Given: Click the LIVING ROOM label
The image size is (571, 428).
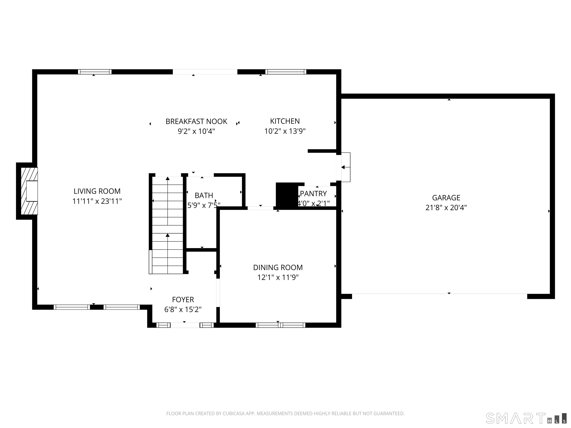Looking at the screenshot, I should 97,191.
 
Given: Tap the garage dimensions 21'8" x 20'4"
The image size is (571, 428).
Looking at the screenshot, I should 446,207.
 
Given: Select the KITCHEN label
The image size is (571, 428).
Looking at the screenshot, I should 285,121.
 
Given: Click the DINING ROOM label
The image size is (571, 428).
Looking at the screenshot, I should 278,267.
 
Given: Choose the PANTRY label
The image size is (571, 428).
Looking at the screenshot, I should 313,194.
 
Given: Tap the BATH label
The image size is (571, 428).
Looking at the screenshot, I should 204,196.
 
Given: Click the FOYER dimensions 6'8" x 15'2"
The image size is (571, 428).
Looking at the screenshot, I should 183,309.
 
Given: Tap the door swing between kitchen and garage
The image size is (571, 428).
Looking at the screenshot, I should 345,167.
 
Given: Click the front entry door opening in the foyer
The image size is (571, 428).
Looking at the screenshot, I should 185,325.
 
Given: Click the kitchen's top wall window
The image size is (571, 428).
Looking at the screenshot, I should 286,72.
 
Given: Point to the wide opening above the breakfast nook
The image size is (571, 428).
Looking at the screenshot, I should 205,72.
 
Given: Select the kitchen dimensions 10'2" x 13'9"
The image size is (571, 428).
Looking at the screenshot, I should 285,131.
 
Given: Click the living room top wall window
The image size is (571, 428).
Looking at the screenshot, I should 95,72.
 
